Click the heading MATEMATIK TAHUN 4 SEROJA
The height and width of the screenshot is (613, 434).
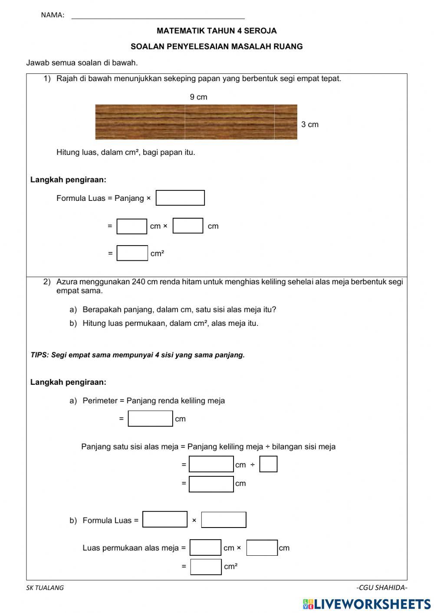[x=217, y=31]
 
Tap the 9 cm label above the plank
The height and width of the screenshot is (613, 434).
[x=198, y=97]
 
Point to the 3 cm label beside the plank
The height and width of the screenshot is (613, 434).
[x=310, y=125]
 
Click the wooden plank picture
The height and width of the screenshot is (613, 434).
[x=196, y=122]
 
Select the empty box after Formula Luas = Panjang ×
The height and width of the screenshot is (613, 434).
[x=180, y=198]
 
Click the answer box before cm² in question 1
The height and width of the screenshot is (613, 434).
[x=132, y=253]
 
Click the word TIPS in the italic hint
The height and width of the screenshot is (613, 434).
[x=39, y=355]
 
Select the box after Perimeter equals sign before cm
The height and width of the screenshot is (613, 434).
[x=150, y=419]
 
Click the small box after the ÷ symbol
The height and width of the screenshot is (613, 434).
[x=268, y=464]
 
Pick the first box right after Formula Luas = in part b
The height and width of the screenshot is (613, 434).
[x=165, y=520]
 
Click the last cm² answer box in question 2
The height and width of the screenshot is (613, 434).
[x=206, y=567]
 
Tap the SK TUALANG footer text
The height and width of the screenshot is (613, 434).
[x=45, y=588]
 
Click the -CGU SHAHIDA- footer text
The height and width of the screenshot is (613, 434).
[x=381, y=588]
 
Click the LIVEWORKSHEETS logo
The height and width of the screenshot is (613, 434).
[x=367, y=603]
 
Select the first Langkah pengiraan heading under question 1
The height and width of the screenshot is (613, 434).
[x=68, y=180]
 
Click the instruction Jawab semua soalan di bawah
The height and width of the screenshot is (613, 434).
[x=82, y=62]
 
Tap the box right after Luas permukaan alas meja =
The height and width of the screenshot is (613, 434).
[x=205, y=547]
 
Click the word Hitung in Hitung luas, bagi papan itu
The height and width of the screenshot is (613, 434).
[x=68, y=152]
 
